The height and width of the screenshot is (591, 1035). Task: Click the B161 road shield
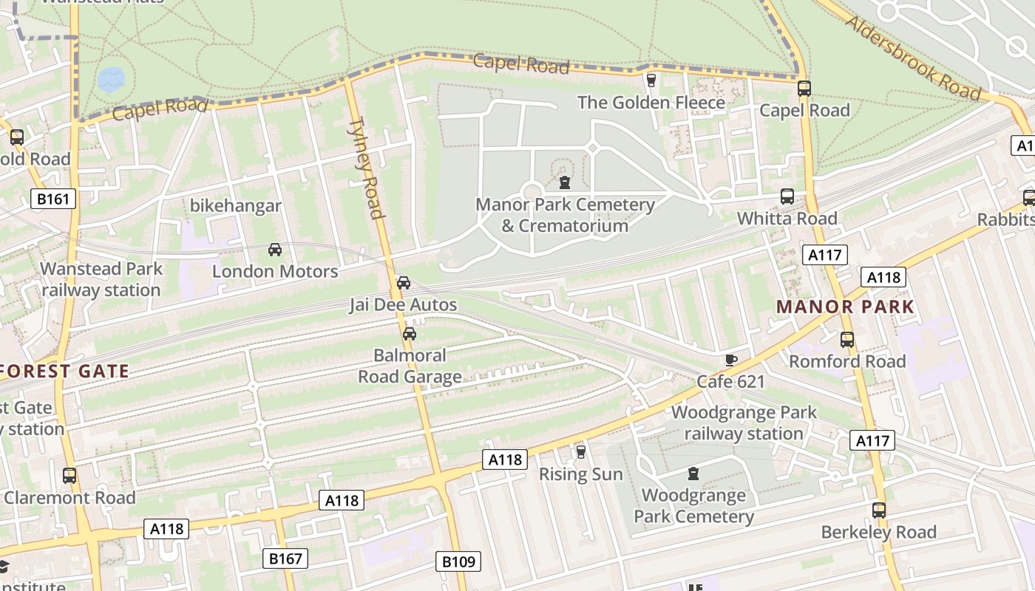coord(54,198)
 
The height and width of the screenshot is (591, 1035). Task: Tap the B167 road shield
coord(285,558)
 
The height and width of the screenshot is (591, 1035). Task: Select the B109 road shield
coord(458,561)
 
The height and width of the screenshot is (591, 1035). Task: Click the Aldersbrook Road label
coord(912,58)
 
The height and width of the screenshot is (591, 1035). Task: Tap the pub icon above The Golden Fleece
coord(651,80)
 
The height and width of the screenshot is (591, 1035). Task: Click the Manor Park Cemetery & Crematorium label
coord(565,215)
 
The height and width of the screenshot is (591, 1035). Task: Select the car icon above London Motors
coord(275,250)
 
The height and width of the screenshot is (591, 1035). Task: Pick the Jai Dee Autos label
coord(403,304)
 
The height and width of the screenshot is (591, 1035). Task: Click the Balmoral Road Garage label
coord(410,366)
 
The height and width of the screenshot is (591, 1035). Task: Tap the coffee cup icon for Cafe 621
coord(730,360)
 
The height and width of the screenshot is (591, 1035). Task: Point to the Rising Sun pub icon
coord(581,451)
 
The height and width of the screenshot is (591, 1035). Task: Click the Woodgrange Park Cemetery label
coord(693,505)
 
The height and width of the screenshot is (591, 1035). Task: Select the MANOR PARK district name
coord(845,307)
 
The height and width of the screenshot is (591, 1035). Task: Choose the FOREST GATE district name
coord(64,371)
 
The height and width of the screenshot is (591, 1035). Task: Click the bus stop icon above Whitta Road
coord(787,197)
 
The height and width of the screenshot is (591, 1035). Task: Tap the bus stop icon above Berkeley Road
coord(878,510)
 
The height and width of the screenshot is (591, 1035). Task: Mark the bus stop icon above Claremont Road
coord(69,476)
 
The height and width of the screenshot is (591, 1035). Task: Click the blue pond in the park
coord(111,78)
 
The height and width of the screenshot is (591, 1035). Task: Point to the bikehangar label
coord(236,205)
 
